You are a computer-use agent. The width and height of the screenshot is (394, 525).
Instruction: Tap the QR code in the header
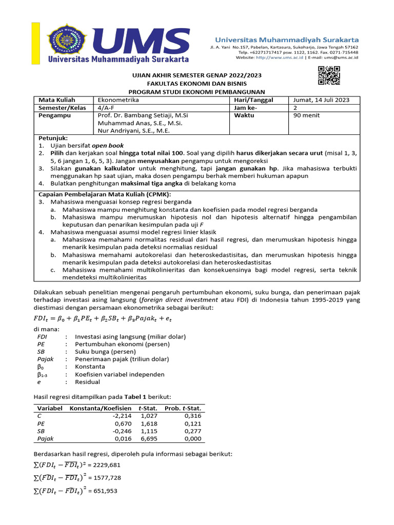tap(329, 76)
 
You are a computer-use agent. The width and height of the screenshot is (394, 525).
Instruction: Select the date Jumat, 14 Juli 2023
tap(321, 100)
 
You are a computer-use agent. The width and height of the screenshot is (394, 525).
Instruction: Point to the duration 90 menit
tap(306, 115)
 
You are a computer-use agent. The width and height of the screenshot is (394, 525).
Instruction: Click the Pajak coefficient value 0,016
tap(124, 438)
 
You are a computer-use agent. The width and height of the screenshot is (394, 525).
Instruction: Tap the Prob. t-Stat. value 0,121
tap(193, 424)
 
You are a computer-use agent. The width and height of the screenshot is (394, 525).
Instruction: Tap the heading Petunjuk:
tap(53, 138)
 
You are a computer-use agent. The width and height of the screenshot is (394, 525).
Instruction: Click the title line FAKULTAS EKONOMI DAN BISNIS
tap(197, 83)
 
